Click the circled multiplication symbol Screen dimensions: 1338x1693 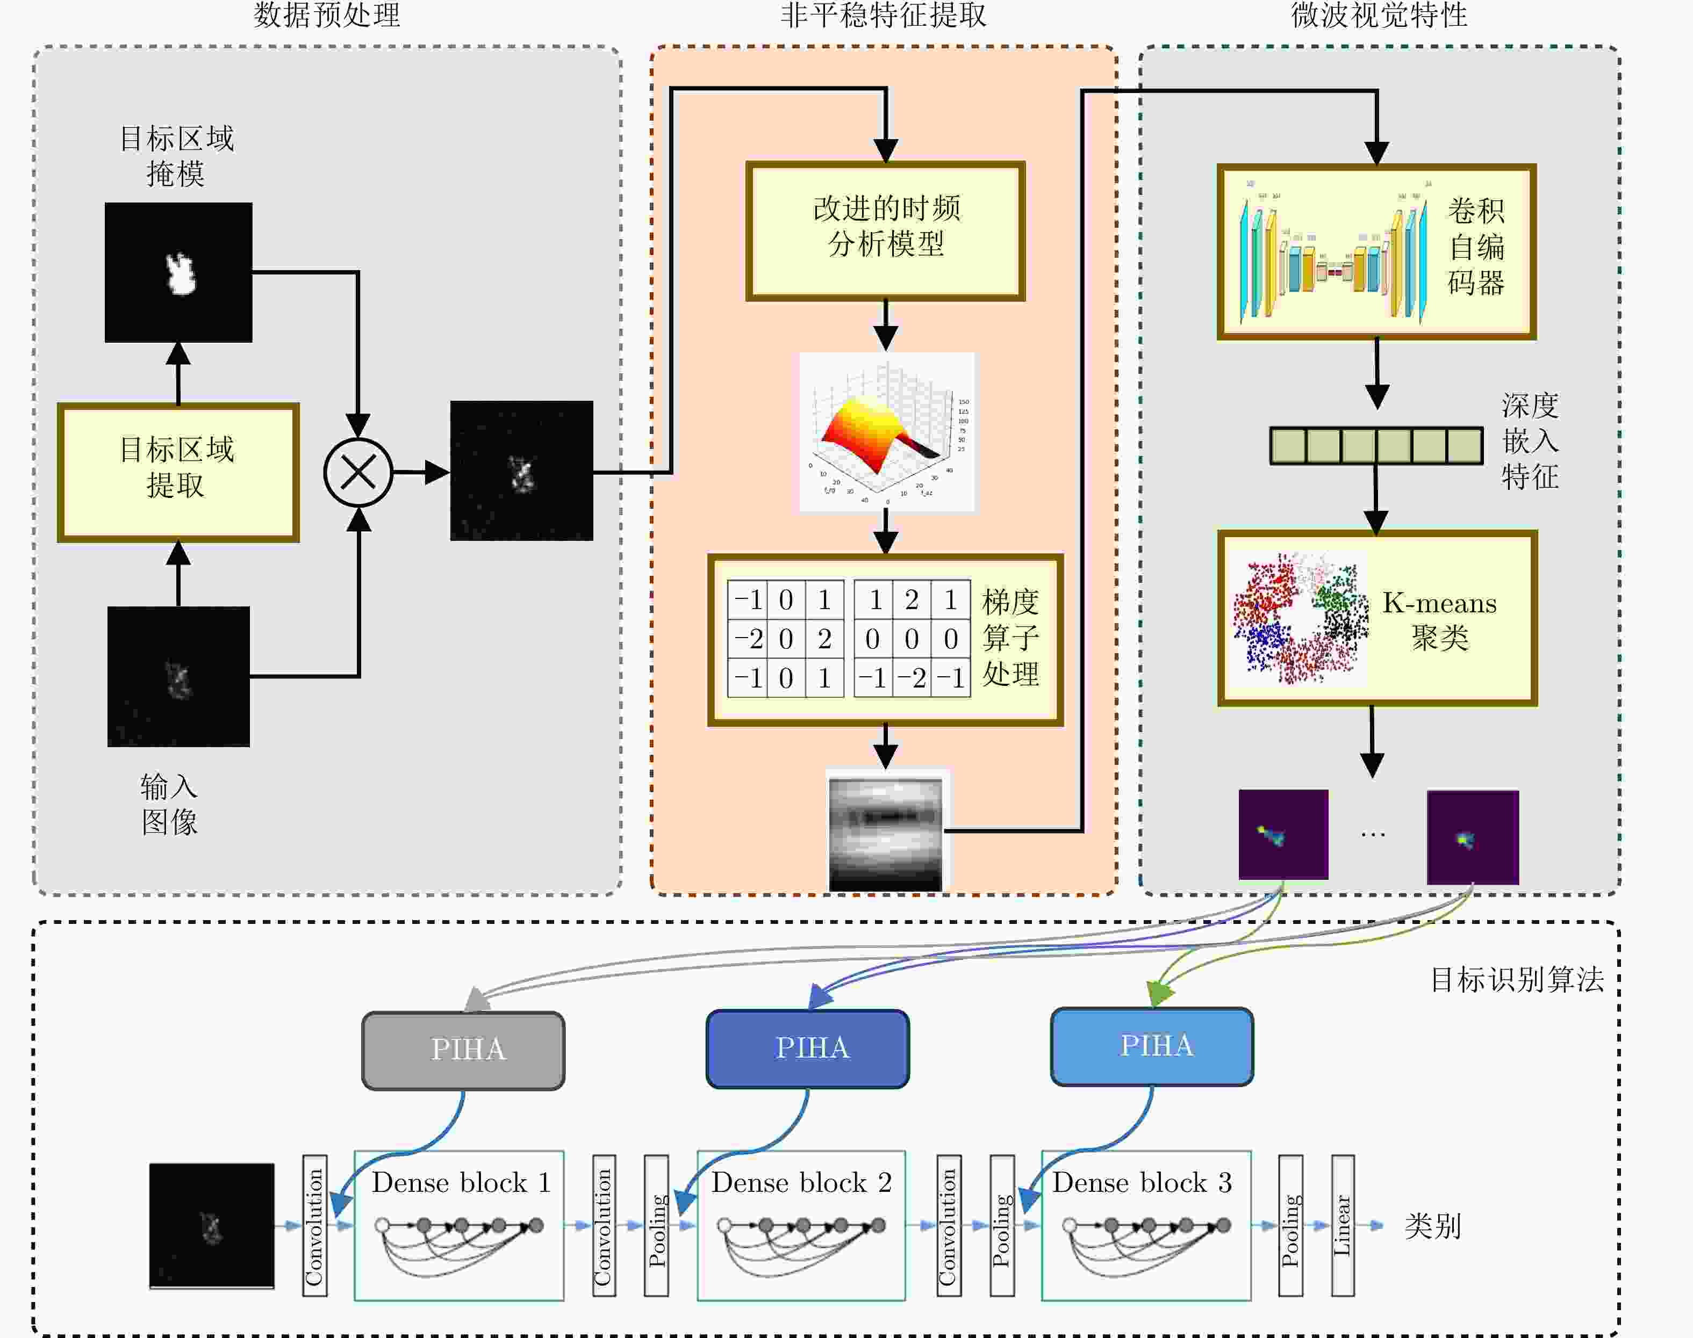358,472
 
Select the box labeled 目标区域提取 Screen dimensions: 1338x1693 178,472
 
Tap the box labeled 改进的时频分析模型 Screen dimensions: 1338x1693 886,231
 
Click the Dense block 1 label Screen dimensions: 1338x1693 461,1182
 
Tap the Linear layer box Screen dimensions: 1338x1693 1343,1225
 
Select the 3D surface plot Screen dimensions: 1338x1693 886,432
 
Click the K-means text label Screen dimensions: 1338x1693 1439,603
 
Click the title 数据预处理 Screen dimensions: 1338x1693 327,16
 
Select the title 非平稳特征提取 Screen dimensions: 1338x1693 884,16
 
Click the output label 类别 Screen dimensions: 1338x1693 1432,1226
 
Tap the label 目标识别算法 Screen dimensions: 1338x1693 1517,980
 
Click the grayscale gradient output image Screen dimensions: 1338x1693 886,832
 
